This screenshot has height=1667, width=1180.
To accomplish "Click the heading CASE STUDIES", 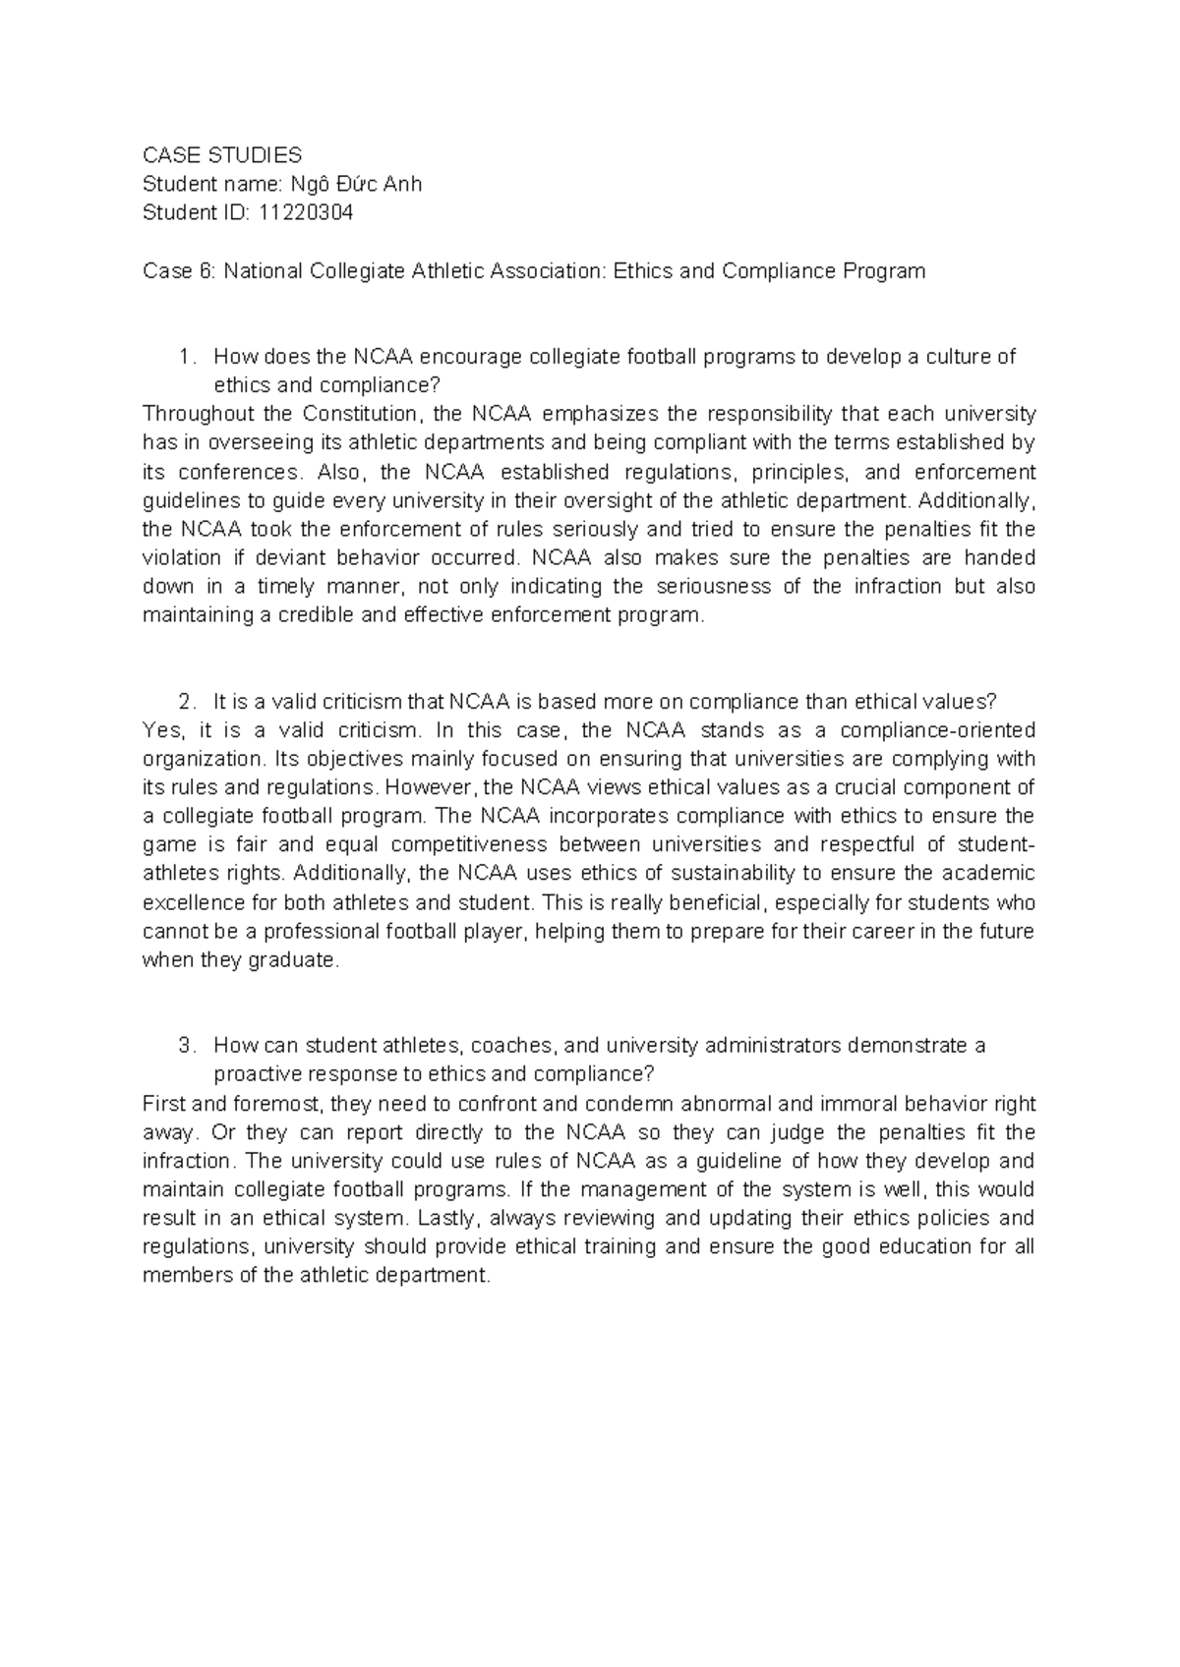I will coord(222,155).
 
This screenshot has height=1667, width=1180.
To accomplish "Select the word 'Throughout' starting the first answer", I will coord(192,414).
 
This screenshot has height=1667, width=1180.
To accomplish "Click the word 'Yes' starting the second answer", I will coord(162,730).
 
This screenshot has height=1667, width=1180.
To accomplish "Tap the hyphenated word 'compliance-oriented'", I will coord(924,730).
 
